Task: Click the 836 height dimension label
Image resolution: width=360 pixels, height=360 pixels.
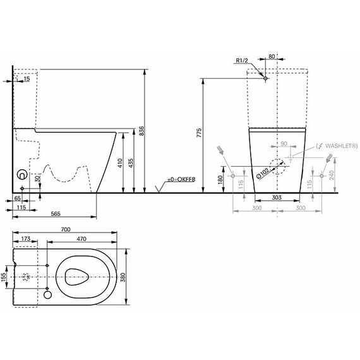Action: [141, 131]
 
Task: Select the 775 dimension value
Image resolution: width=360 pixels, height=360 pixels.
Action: [199, 133]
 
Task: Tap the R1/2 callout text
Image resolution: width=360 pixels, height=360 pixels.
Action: [242, 61]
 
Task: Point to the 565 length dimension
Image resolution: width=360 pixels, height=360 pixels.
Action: [56, 214]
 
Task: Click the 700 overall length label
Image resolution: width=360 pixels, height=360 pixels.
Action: [66, 229]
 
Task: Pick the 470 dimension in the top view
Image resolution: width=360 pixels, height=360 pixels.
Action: [81, 239]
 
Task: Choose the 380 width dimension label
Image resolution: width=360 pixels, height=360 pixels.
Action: [123, 277]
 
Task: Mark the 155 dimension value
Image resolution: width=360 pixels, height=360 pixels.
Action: [3, 277]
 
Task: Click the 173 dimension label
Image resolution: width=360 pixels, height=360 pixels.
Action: [26, 239]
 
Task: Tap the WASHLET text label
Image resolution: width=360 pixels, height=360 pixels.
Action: [342, 146]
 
